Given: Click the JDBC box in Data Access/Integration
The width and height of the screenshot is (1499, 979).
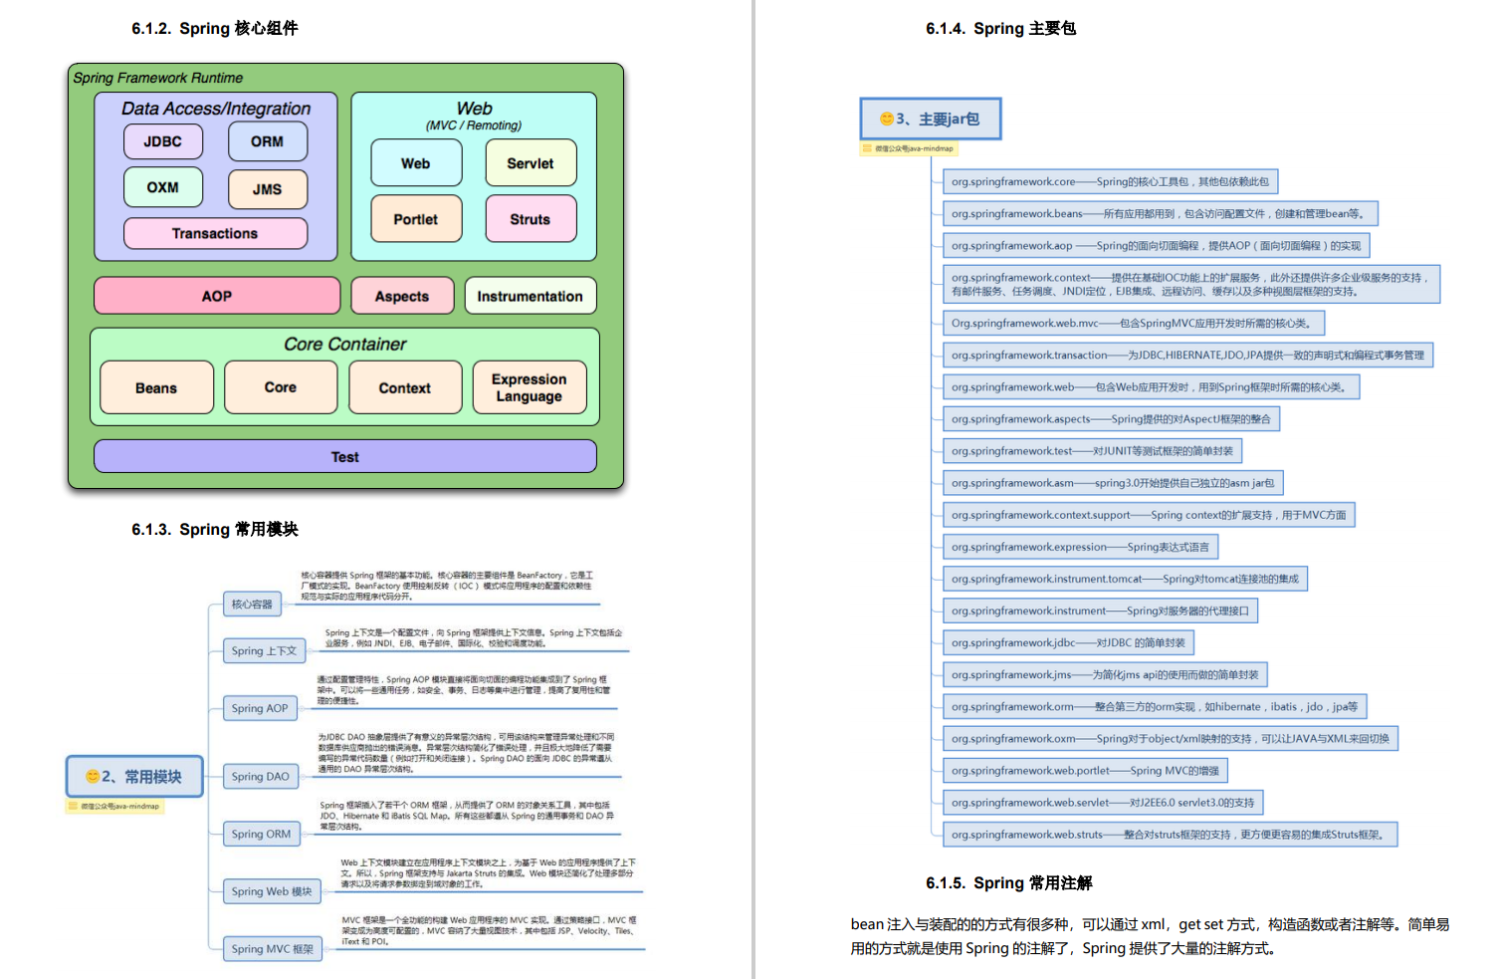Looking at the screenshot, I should [163, 141].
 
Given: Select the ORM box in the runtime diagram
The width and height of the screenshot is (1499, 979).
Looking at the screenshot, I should [267, 141].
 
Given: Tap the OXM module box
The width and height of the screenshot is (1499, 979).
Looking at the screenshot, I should [163, 187].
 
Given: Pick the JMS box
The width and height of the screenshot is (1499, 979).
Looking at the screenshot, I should [267, 189].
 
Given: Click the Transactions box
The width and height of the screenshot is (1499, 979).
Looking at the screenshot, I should [215, 233].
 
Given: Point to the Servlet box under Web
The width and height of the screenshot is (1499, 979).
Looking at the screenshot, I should [531, 163].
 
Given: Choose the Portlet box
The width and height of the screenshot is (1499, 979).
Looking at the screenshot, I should [416, 219].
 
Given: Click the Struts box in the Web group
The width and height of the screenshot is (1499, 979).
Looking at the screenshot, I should [531, 219].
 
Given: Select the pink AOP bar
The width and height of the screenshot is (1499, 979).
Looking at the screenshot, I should [217, 296].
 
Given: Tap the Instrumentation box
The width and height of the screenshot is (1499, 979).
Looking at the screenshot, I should [530, 296].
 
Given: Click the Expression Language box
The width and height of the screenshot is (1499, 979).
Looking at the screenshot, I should [530, 387].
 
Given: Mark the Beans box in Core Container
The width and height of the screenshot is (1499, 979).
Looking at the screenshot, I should [156, 387].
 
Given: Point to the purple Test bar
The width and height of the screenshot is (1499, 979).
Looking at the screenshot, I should [344, 456].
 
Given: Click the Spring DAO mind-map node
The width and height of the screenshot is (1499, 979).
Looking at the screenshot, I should [261, 776].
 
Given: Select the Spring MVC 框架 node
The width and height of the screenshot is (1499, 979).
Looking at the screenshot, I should [272, 949].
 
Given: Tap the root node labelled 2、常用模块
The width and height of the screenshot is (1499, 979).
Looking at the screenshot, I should [134, 776].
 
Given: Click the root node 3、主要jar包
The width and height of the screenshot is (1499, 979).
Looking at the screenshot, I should [930, 119].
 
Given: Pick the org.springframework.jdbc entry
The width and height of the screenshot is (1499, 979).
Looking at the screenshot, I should [1068, 642].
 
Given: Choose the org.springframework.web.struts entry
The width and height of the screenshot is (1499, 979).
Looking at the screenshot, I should [1169, 834].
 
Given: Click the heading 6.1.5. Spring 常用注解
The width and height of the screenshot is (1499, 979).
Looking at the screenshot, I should [1008, 882].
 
